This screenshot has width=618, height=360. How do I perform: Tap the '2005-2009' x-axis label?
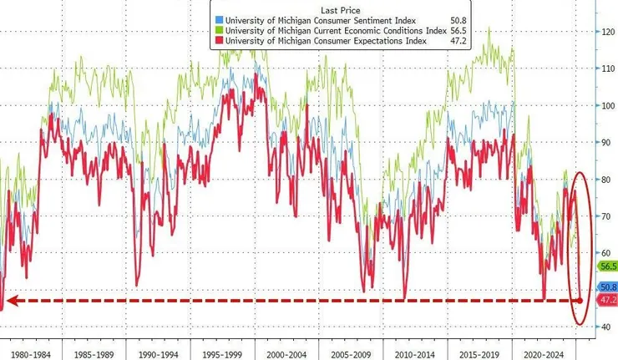click(x=350, y=352)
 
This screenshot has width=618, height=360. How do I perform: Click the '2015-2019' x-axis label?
click(x=478, y=352)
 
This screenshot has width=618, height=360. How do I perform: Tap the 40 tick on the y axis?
click(x=602, y=327)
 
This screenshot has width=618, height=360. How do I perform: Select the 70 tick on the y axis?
click(x=602, y=215)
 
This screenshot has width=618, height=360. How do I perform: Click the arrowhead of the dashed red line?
click(x=8, y=300)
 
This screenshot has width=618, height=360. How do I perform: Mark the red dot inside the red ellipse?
click(x=580, y=300)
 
